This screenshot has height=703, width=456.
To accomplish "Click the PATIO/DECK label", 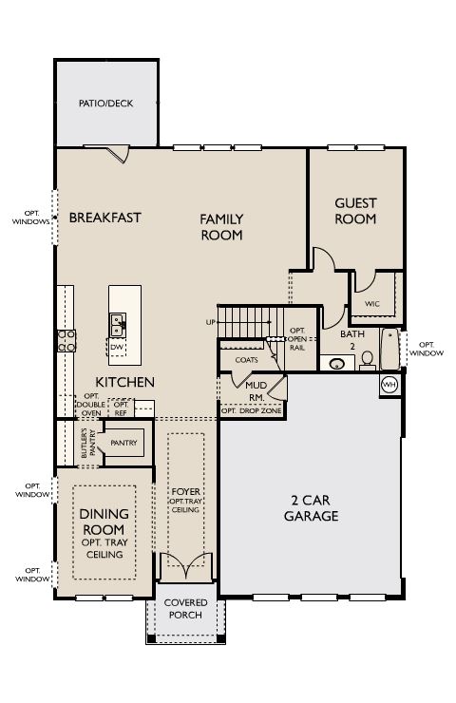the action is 105,104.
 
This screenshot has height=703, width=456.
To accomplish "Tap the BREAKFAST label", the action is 104,218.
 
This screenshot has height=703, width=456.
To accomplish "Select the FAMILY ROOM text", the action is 221,227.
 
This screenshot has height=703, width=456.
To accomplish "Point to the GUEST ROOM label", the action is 355,211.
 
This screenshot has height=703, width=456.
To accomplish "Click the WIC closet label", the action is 371,304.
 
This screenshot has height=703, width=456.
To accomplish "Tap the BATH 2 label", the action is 352,340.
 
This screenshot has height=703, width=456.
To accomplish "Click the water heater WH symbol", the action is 389,385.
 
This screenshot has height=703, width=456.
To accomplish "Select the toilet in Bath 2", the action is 368,360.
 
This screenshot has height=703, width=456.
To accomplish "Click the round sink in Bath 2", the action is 337,363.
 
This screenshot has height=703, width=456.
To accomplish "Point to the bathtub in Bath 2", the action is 390,349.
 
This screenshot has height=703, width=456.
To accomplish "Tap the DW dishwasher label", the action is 117,348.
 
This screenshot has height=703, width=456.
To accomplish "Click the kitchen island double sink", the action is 118,325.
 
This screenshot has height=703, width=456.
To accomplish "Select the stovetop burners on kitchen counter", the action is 66,341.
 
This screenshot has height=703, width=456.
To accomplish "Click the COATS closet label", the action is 247,360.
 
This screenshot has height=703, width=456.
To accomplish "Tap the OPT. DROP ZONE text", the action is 252,410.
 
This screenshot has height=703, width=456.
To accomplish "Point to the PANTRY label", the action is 123,443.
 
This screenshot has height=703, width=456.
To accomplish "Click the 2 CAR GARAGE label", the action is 312,508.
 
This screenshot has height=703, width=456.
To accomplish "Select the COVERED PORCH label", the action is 185,609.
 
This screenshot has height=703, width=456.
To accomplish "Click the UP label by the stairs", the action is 210,322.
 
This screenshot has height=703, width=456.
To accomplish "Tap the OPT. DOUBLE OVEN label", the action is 91,405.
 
